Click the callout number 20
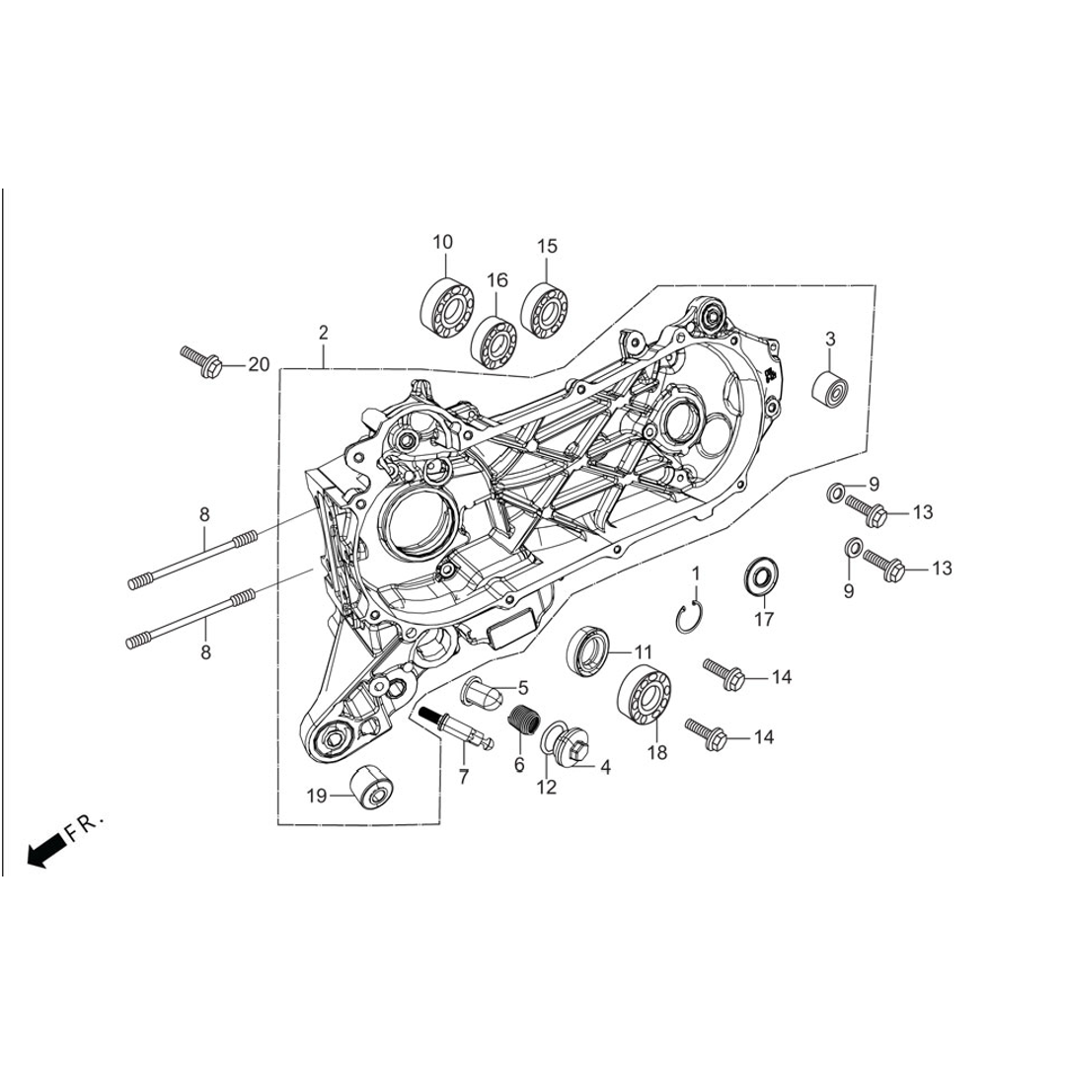pyautogui.click(x=259, y=365)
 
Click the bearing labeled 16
pyautogui.click(x=495, y=341)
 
